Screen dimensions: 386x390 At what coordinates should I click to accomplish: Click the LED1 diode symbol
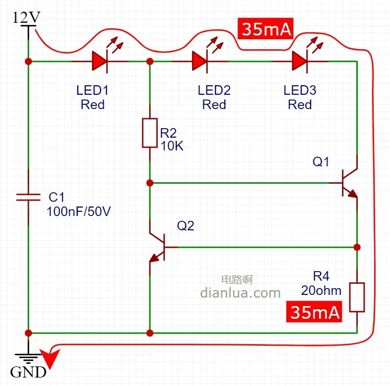coord(99,61)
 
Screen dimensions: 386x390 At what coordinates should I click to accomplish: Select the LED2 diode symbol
coord(199,61)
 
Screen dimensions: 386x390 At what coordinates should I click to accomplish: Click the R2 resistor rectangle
coord(150,133)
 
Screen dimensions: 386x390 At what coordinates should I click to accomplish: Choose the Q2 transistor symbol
coord(157,247)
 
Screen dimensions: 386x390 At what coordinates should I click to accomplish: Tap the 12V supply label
coord(26,17)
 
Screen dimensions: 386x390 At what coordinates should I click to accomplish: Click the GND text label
coord(28,372)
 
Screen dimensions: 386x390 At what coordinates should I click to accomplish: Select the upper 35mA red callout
coord(267,30)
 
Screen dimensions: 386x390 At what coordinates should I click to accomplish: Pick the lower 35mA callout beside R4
coord(314,312)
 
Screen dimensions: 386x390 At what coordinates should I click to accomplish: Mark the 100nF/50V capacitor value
coord(79,212)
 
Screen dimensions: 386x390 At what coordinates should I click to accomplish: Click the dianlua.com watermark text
coord(240,292)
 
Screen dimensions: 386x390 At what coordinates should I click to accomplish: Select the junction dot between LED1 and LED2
coord(150,61)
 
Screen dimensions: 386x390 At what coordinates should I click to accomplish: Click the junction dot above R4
coord(357,247)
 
